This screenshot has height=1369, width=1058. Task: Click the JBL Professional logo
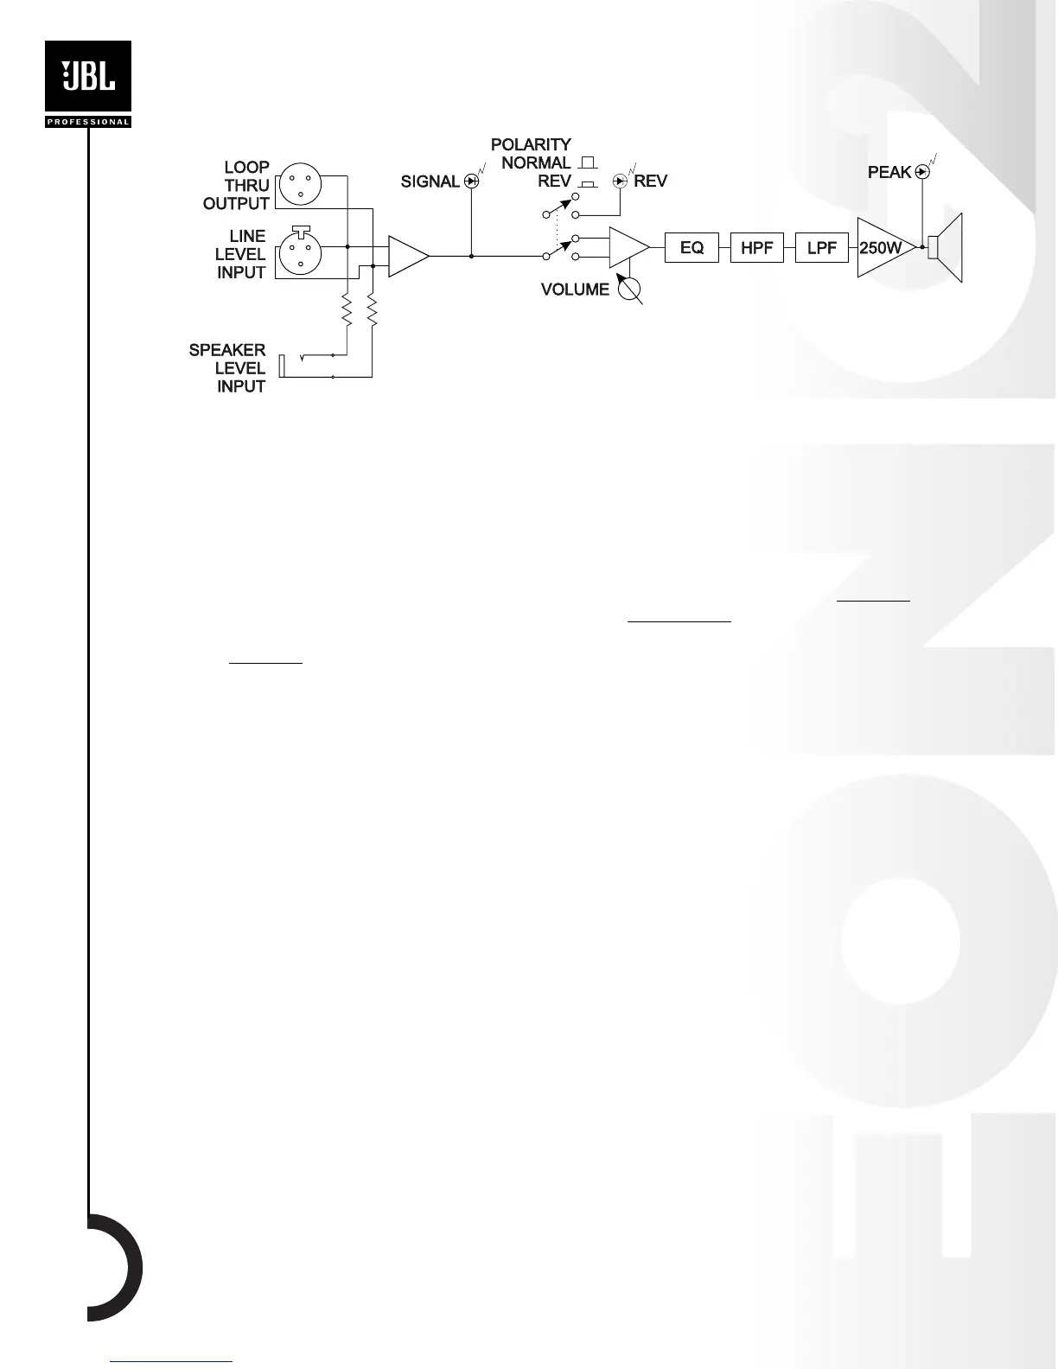point(87,84)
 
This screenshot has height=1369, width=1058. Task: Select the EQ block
point(692,248)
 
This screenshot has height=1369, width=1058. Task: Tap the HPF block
point(756,248)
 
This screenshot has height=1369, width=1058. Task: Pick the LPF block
point(821,248)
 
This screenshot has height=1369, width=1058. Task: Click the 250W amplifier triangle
point(882,248)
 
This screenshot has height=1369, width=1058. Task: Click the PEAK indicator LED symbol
point(922,172)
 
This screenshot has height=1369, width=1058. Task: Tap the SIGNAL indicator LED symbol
point(471,181)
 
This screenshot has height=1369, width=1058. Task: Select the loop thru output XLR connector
point(299,185)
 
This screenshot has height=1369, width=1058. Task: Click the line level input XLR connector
point(299,254)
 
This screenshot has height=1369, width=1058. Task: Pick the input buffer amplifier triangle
point(406,256)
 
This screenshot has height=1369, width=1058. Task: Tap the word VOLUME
point(575,290)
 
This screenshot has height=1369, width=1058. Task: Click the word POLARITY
point(531,144)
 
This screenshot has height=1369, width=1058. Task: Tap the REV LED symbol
point(620,181)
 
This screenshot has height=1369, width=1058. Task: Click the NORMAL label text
point(536,162)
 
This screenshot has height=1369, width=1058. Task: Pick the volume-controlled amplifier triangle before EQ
point(628,247)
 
